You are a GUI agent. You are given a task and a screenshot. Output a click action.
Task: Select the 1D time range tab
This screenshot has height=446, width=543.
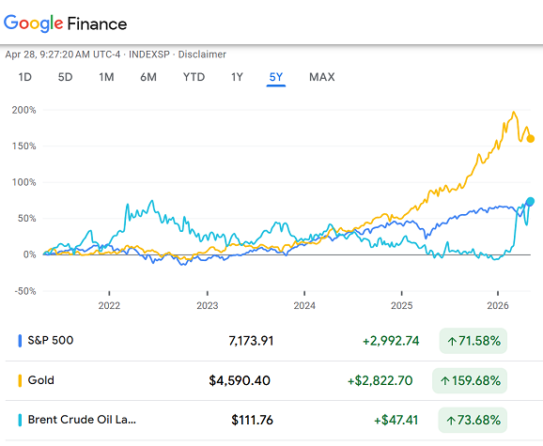click(25, 77)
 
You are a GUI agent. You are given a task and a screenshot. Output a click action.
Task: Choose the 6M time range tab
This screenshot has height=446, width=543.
click(148, 77)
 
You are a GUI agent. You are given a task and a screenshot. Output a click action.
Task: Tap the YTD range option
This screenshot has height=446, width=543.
click(194, 77)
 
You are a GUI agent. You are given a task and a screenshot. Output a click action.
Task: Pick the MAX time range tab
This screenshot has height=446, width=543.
click(322, 77)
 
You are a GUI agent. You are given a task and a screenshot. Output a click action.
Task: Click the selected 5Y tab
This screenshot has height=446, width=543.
click(276, 77)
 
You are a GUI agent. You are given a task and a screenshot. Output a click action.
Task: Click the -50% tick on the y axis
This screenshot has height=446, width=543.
click(23, 291)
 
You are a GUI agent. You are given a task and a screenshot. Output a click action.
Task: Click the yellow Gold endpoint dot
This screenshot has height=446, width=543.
click(532, 139)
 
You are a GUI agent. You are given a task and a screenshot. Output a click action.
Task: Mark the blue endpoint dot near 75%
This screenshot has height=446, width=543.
click(531, 202)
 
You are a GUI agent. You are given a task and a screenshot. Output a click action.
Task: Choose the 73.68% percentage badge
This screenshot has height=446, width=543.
click(473, 420)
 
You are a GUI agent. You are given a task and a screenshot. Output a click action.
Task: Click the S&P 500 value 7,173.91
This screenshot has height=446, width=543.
click(251, 341)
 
